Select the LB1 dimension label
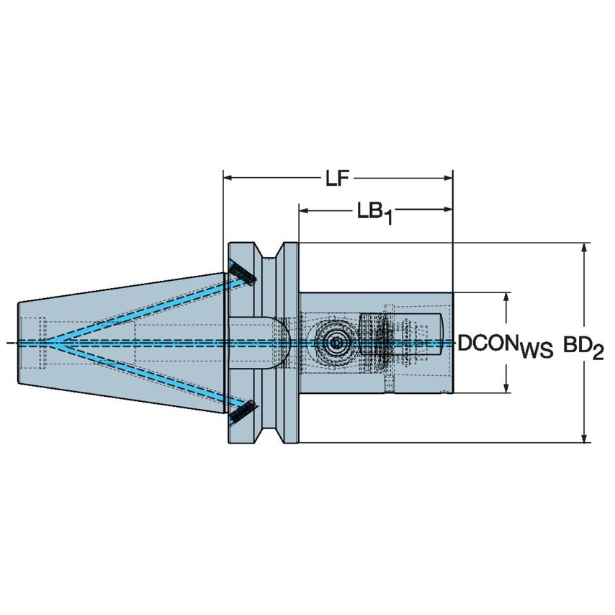point(374,213)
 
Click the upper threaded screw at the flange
point(242,273)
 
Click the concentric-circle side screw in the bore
point(334,344)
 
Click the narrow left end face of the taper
point(18,343)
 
